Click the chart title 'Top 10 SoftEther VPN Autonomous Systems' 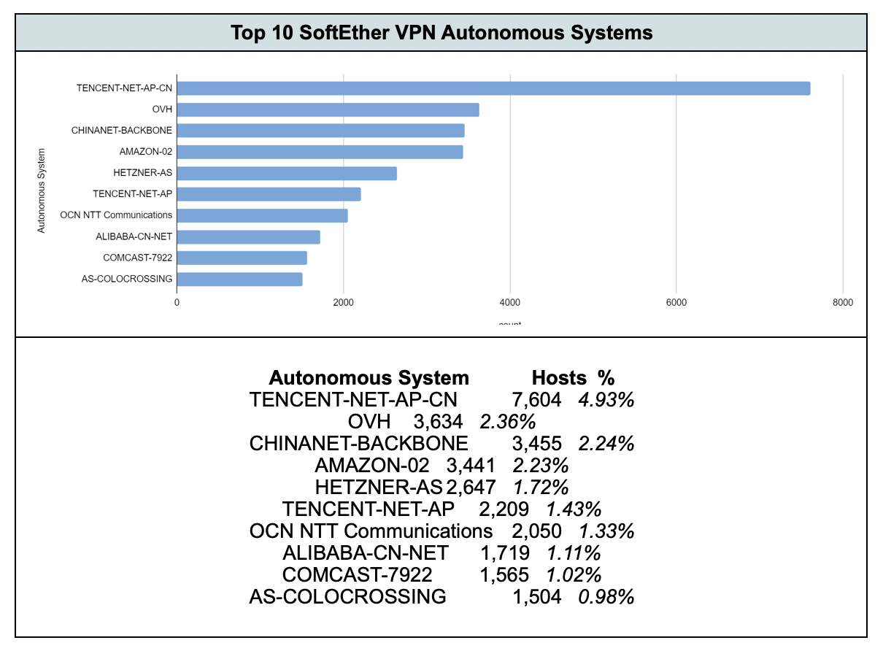click(x=441, y=33)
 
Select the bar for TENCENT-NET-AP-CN click(x=493, y=88)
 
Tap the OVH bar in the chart click(x=328, y=109)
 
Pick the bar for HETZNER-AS click(x=287, y=173)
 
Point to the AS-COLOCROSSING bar click(x=239, y=279)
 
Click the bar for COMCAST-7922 click(x=242, y=258)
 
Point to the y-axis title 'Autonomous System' click(x=42, y=190)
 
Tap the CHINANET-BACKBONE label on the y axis click(x=122, y=131)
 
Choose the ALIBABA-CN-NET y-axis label click(x=134, y=236)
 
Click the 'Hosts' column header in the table click(x=559, y=378)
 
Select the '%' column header click(x=606, y=378)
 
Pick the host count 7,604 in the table click(x=537, y=400)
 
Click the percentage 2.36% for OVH click(x=508, y=422)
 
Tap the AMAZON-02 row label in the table click(x=372, y=466)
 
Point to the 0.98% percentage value click(x=606, y=597)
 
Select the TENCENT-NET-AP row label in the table click(x=369, y=509)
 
